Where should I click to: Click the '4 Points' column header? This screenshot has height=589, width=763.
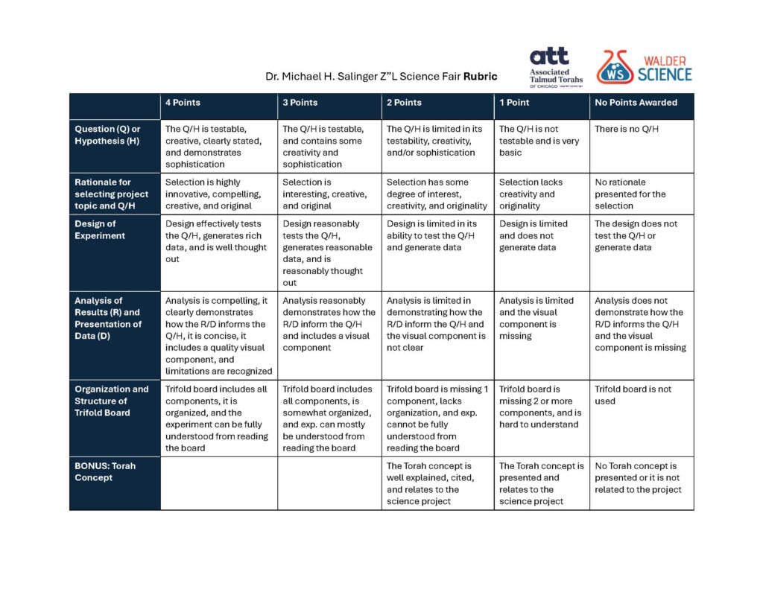183,103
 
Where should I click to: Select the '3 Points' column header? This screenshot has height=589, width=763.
300,103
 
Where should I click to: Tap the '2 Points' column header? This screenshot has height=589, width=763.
404,103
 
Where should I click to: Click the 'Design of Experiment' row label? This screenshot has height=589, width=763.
95,230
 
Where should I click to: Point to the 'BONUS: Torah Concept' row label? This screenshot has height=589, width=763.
105,472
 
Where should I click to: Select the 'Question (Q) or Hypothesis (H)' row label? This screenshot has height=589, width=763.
107,135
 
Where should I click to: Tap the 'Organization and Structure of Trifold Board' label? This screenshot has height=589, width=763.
111,401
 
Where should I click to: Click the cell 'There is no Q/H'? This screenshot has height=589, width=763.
627,130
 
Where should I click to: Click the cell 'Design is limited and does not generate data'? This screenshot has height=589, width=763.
534,235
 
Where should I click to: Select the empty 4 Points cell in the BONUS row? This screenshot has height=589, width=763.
219,483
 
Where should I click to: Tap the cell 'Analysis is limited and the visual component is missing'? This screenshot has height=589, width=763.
536,318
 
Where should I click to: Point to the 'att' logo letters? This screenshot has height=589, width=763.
548,57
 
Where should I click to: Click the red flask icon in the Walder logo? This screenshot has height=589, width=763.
615,67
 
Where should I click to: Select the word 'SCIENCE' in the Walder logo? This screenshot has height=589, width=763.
665,74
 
